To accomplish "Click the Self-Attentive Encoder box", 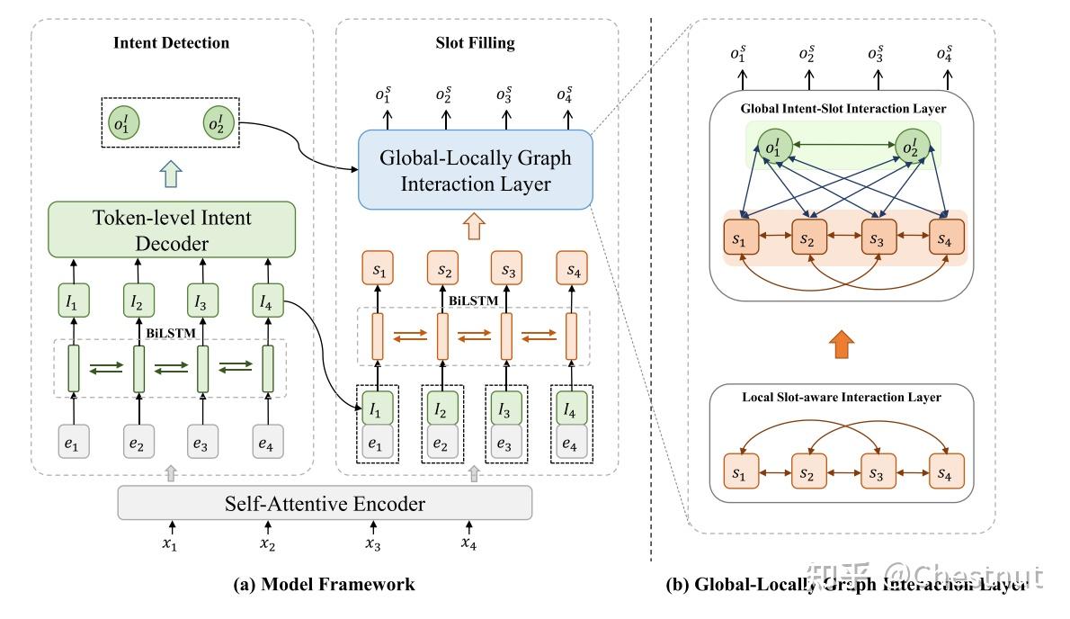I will click(x=325, y=504).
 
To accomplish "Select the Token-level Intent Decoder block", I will click(x=171, y=229).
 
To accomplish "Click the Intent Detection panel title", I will click(x=171, y=43).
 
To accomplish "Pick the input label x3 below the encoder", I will click(x=373, y=543).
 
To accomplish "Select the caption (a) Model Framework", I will click(x=324, y=585).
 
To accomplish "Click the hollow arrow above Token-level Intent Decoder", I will click(x=171, y=173).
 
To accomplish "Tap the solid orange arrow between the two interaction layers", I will click(x=841, y=343).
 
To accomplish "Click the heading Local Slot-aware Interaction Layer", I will click(x=842, y=397).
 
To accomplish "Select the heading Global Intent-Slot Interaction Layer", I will click(x=843, y=109).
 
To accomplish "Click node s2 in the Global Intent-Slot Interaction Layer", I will click(x=808, y=240).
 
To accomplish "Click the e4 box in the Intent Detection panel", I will click(x=267, y=442).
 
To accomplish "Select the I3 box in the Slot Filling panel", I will click(x=504, y=409).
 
